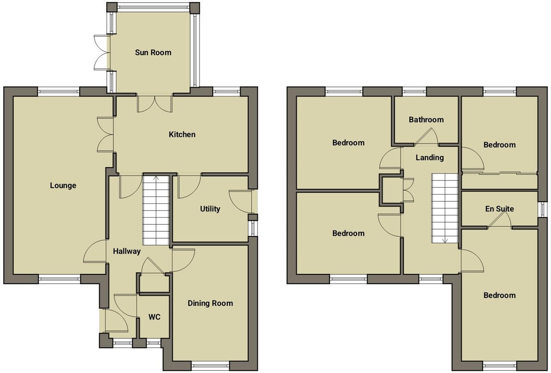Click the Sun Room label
point(153,53)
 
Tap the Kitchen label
point(182,134)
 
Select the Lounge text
point(63,186)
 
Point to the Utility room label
point(210,209)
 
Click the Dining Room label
point(210,303)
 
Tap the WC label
point(155,317)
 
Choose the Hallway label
point(127,251)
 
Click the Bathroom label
point(426,120)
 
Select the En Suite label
point(499,209)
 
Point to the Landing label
point(430,158)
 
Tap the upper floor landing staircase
point(445,208)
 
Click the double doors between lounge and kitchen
point(106,134)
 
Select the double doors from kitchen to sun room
point(155,104)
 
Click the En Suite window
point(541,209)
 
